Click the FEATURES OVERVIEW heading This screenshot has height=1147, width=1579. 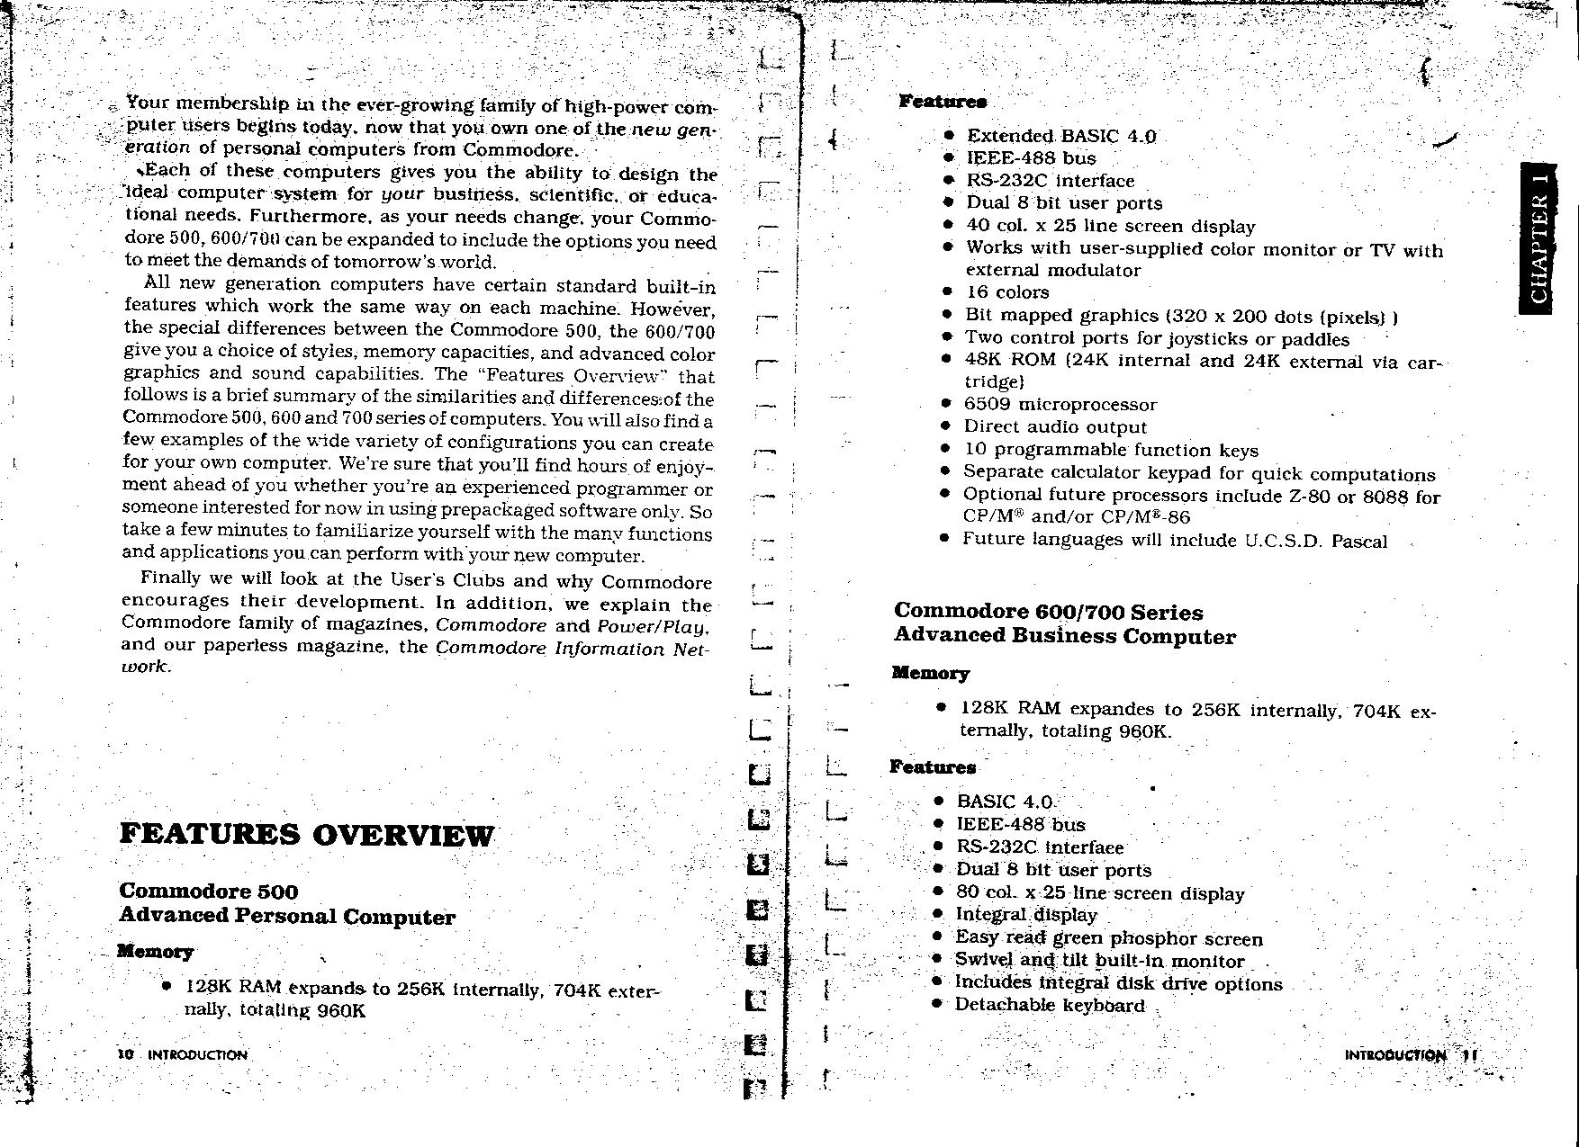(306, 835)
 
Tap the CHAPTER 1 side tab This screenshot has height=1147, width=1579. (1538, 239)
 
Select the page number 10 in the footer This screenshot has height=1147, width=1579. (125, 1053)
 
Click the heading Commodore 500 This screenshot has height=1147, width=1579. (208, 892)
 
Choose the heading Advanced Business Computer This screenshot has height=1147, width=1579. (1064, 636)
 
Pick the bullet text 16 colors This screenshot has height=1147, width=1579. (1007, 292)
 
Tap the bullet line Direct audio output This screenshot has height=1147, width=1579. (1055, 427)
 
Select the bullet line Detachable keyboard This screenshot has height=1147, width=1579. (1050, 1005)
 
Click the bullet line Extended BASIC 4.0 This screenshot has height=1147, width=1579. (1061, 136)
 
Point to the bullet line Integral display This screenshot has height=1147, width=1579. (1026, 915)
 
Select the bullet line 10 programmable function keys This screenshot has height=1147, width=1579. (1111, 450)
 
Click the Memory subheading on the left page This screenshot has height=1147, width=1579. (156, 952)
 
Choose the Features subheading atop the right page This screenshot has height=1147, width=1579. (943, 101)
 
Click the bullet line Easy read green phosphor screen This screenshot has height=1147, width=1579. (1109, 938)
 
